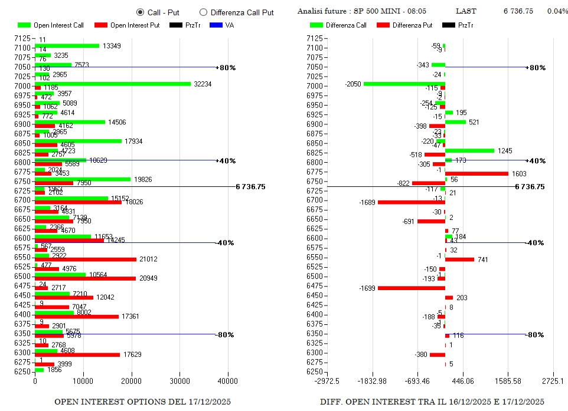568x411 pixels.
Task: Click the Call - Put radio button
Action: pos(140,12)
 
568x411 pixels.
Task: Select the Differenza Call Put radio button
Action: pos(204,12)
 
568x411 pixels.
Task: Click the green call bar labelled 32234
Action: pos(112,84)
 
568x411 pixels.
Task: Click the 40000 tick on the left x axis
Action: pos(228,382)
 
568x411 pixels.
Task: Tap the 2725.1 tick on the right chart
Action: pos(553,382)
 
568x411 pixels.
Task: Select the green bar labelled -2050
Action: pos(404,84)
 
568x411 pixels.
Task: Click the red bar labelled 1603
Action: pos(476,173)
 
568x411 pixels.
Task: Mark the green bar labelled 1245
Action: pos(469,150)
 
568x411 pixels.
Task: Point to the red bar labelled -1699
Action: pos(412,288)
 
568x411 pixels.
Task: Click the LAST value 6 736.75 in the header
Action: pos(518,11)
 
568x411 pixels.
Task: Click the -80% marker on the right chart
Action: pos(535,335)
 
